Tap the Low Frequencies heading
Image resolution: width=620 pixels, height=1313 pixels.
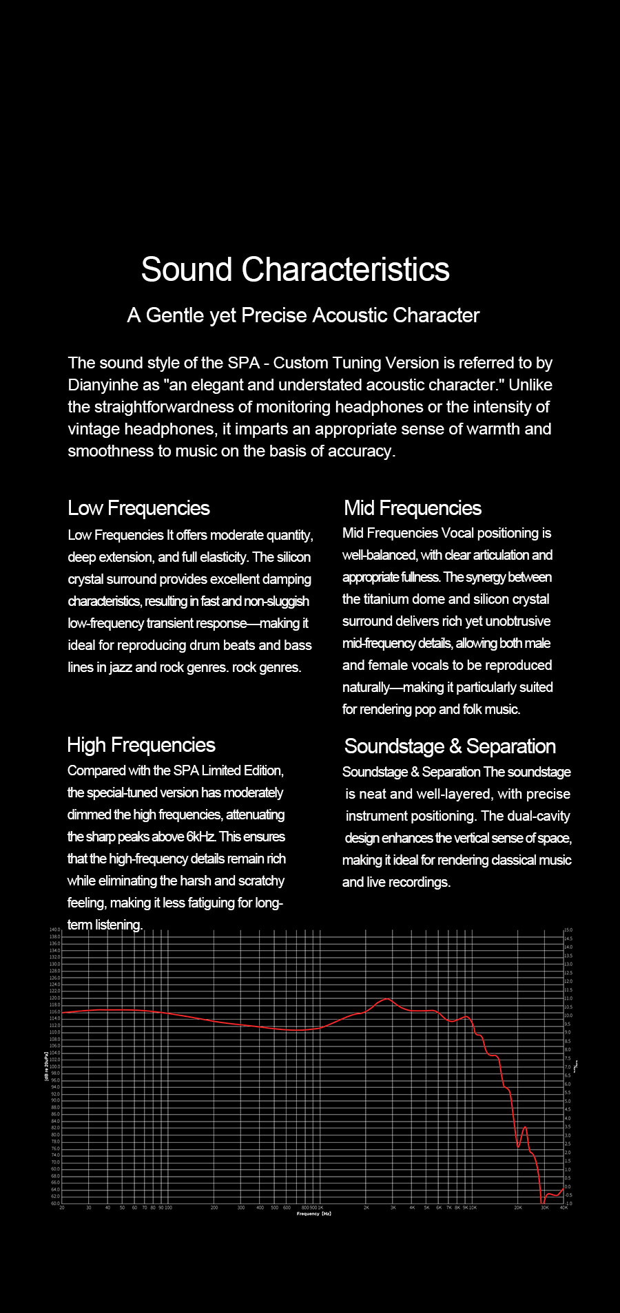[138, 508]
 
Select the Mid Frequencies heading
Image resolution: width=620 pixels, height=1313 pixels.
[413, 508]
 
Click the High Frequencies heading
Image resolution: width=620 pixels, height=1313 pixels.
[141, 745]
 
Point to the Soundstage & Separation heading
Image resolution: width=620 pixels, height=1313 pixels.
[450, 746]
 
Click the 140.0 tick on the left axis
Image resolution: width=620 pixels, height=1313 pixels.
[55, 930]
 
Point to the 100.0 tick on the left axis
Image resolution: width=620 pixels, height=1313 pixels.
[55, 1067]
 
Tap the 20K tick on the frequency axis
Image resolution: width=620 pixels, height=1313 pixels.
[518, 1208]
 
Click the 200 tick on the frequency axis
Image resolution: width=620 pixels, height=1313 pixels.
[214, 1208]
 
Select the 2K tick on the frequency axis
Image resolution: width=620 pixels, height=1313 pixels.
[366, 1208]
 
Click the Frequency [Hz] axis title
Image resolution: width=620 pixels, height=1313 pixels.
[314, 1214]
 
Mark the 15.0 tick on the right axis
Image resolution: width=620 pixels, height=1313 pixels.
[569, 930]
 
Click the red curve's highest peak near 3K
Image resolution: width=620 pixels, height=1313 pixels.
[386, 998]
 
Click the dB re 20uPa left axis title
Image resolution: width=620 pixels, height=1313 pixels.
[46, 1067]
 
